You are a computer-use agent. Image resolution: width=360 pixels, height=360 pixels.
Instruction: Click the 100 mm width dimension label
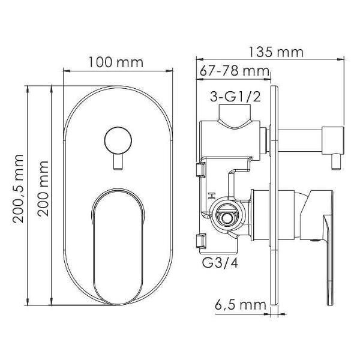[x=116, y=62]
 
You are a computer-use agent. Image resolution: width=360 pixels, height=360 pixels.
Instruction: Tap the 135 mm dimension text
[x=276, y=52]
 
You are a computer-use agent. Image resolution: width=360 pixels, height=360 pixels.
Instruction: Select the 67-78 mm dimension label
[x=234, y=71]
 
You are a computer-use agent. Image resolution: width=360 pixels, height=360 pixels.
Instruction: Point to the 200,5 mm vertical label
[x=18, y=188]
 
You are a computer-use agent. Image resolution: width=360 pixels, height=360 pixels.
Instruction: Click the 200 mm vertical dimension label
[x=43, y=188]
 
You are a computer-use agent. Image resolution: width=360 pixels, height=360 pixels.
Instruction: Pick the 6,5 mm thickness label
[x=241, y=305]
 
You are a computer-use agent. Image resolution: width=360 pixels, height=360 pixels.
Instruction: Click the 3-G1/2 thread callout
[x=236, y=97]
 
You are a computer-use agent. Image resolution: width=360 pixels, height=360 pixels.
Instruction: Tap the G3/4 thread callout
[x=220, y=262]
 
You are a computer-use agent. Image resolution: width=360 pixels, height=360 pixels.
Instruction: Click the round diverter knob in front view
[x=118, y=140]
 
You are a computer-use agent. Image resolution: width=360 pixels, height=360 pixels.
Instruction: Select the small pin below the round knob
[x=118, y=161]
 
